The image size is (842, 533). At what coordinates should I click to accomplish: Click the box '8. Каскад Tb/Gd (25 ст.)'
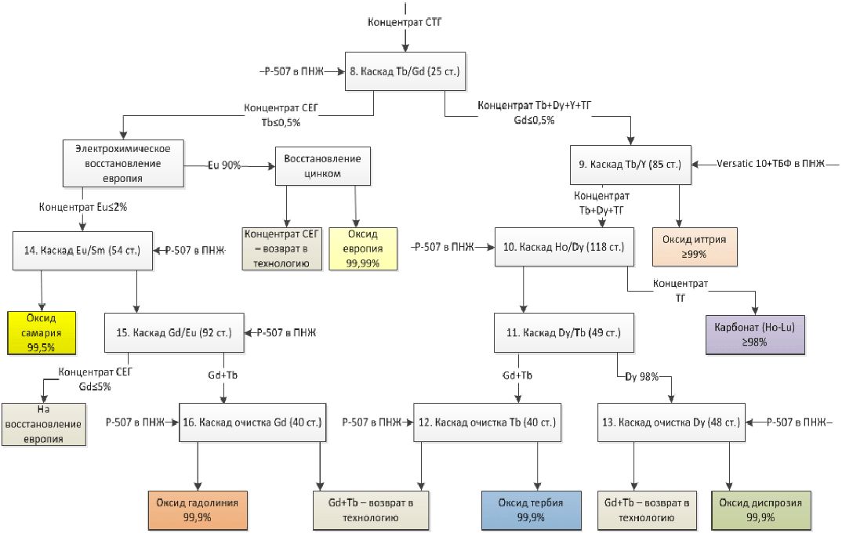pyautogui.click(x=404, y=71)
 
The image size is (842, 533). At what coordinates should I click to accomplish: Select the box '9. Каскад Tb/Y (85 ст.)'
pyautogui.click(x=630, y=165)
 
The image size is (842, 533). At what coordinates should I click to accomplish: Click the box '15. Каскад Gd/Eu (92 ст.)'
pyautogui.click(x=173, y=333)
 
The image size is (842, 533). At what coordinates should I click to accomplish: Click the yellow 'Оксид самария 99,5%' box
pyautogui.click(x=42, y=332)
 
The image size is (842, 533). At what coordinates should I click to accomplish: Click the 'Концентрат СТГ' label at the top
pyautogui.click(x=405, y=23)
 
